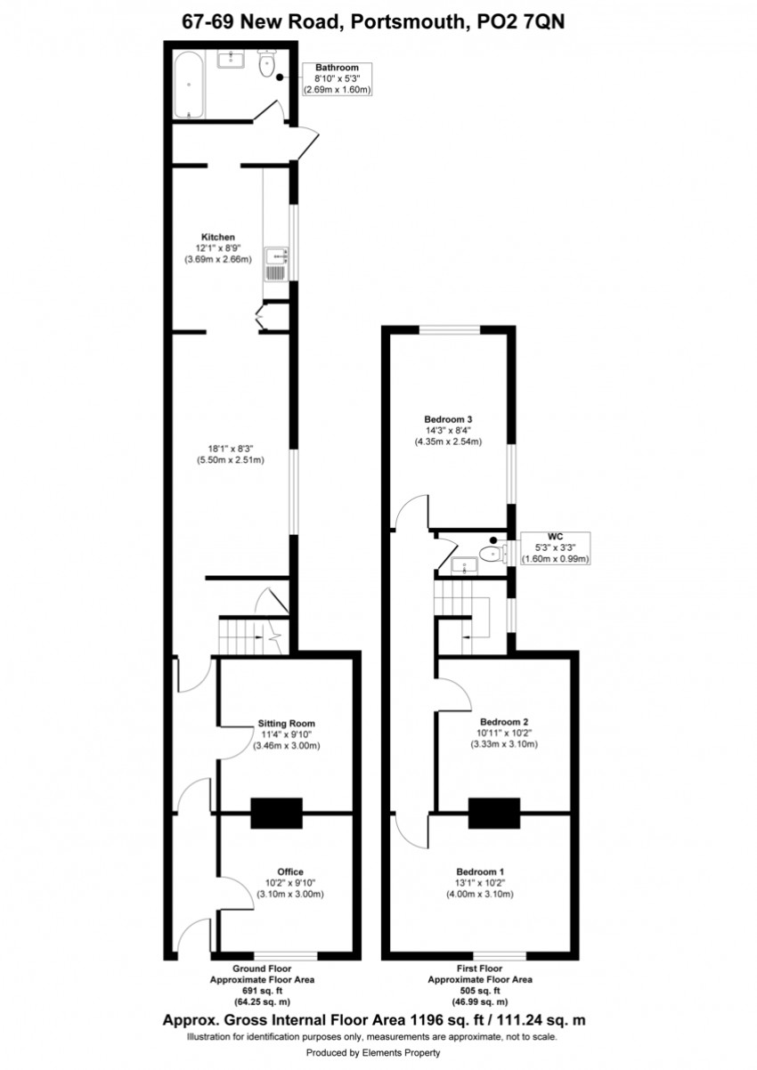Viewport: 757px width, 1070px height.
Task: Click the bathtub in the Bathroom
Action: pyautogui.click(x=190, y=85)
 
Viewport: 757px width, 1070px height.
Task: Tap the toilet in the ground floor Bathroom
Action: pyautogui.click(x=266, y=63)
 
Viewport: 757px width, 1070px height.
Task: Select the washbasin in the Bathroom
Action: pyautogui.click(x=232, y=59)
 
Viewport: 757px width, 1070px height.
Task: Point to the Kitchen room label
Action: pyautogui.click(x=218, y=237)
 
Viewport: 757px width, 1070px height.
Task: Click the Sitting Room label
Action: pyautogui.click(x=286, y=723)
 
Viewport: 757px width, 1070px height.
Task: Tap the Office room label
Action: pyautogui.click(x=290, y=871)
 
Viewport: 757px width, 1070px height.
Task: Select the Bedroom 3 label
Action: pyautogui.click(x=448, y=419)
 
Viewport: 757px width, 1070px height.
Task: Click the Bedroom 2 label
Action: pyautogui.click(x=504, y=722)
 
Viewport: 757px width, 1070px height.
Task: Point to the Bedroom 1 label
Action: pyautogui.click(x=480, y=871)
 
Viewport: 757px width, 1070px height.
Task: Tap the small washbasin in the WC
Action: pyautogui.click(x=464, y=565)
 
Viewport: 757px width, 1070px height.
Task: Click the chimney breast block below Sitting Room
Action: pyautogui.click(x=277, y=813)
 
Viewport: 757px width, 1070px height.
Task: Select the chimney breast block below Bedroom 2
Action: pyautogui.click(x=494, y=813)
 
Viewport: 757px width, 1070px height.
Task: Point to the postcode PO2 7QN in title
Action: pyautogui.click(x=521, y=22)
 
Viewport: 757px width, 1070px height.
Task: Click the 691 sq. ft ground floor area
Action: pyautogui.click(x=262, y=990)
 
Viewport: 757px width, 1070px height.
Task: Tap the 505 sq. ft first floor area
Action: pyautogui.click(x=480, y=990)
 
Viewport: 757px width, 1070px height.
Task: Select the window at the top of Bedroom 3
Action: pyautogui.click(x=450, y=329)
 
